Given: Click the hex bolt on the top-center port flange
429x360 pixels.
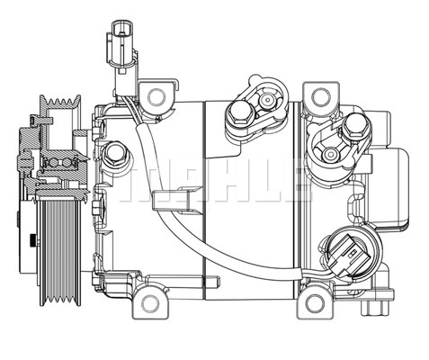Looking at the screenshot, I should (240, 113).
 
